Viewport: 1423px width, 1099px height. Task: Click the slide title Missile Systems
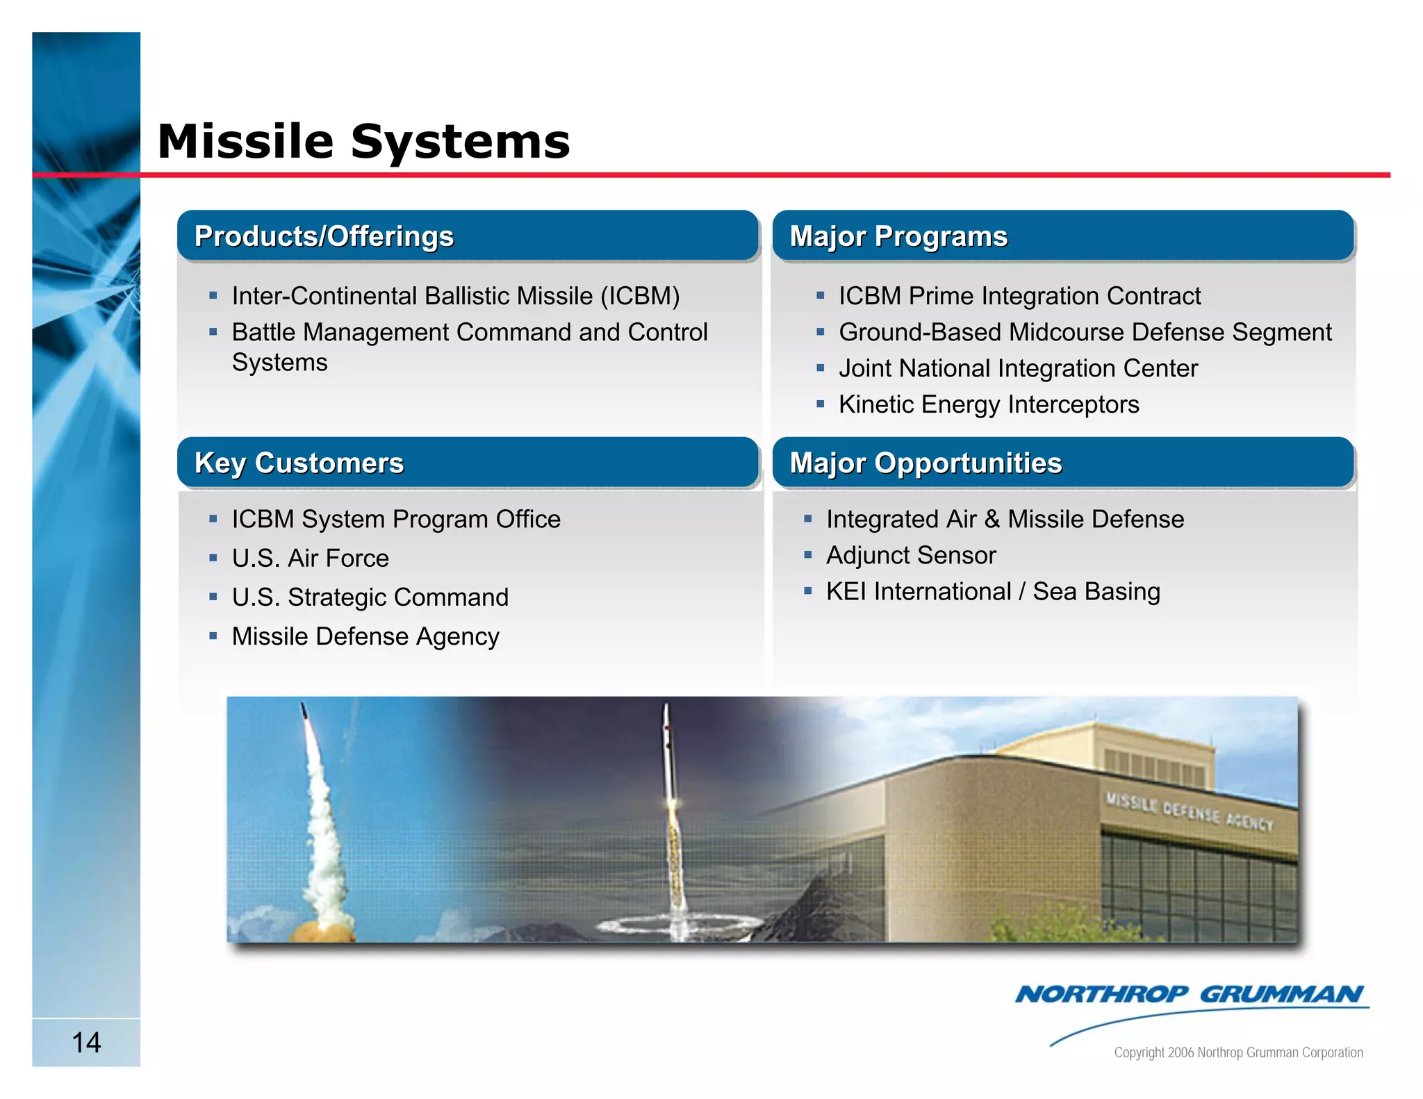pyautogui.click(x=363, y=142)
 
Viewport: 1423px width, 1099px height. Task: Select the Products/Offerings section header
pyautogui.click(x=324, y=236)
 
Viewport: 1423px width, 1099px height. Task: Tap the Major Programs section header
pyautogui.click(x=898, y=236)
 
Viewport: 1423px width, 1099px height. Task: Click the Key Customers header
pyautogui.click(x=299, y=463)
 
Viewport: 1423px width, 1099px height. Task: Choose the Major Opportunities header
pyautogui.click(x=926, y=463)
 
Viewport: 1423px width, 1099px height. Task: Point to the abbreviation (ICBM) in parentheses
pyautogui.click(x=640, y=296)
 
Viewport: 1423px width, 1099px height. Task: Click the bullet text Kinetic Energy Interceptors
pyautogui.click(x=988, y=404)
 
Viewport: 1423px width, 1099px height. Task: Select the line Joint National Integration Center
pyautogui.click(x=1017, y=368)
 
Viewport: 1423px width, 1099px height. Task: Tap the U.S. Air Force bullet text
pyautogui.click(x=310, y=559)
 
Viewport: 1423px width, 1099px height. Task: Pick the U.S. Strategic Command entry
pyautogui.click(x=370, y=597)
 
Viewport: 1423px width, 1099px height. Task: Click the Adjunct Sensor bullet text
pyautogui.click(x=910, y=556)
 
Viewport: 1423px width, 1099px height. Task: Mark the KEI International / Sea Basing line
pyautogui.click(x=992, y=592)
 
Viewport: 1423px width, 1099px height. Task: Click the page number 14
pyautogui.click(x=86, y=1042)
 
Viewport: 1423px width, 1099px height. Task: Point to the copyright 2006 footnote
pyautogui.click(x=1238, y=1052)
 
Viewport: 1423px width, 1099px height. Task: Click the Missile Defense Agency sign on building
pyautogui.click(x=1190, y=813)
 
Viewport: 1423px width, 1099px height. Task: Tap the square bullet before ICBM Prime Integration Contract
pyautogui.click(x=821, y=296)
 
